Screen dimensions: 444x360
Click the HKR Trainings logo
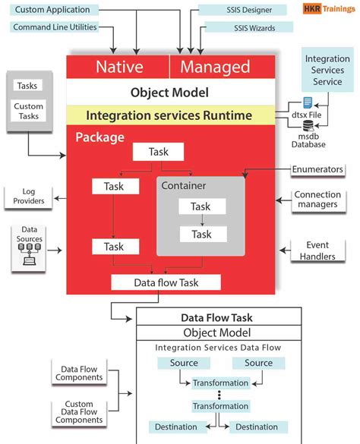coord(324,10)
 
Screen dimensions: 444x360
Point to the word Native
coord(119,67)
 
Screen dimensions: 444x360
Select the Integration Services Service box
coord(327,71)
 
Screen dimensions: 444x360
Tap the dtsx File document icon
coord(308,102)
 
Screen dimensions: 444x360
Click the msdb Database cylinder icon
coord(308,126)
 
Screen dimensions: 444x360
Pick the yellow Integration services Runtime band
coord(169,115)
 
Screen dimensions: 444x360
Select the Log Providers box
coord(28,197)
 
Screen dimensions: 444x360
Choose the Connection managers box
coord(317,200)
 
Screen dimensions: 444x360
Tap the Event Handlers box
coord(317,251)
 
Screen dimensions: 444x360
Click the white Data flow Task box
coord(166,282)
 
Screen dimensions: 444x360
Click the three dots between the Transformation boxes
coord(219,395)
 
